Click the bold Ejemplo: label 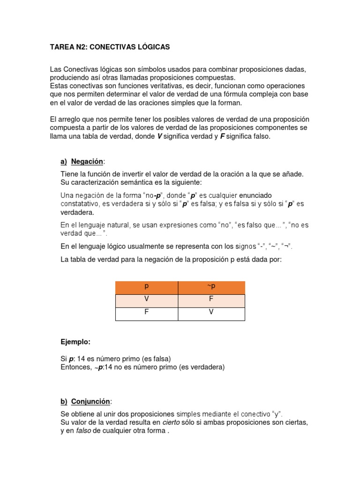[x=75, y=342]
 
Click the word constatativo [x=80, y=204]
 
